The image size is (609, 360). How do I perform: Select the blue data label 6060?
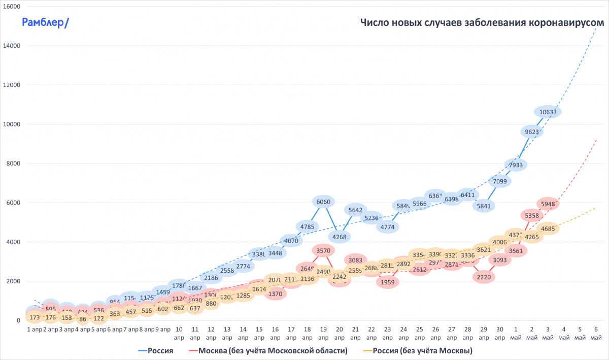(x=323, y=202)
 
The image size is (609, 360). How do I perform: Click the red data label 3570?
(x=323, y=250)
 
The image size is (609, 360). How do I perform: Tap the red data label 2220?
(x=485, y=277)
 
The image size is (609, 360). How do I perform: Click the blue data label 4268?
(x=339, y=236)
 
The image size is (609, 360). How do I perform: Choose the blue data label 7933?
(x=516, y=165)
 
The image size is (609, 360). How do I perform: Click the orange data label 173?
(x=35, y=318)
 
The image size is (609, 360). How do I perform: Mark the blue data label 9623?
(x=532, y=132)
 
